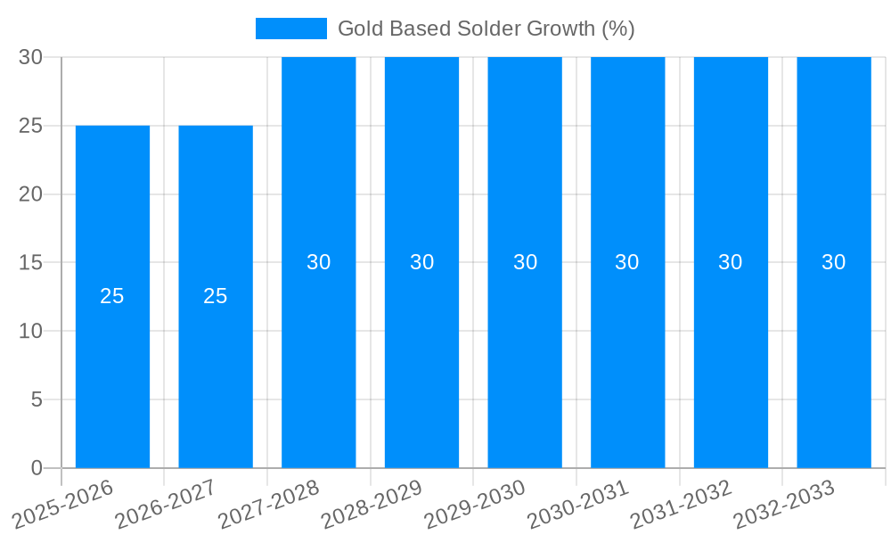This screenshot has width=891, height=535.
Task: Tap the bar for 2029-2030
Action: tap(525, 357)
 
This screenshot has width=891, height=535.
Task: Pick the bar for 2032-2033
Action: tap(834, 357)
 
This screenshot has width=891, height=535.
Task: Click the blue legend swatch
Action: tap(291, 29)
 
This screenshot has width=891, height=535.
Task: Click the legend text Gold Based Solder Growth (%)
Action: tap(486, 29)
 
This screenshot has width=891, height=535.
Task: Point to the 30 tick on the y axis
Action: tap(31, 57)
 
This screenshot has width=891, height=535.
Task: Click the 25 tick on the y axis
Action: tap(31, 126)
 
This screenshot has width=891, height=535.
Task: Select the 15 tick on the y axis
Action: tap(31, 263)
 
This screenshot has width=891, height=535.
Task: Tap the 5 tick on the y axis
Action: tap(37, 399)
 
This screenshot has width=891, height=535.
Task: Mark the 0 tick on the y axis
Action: tap(37, 468)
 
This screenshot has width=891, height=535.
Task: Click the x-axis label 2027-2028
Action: tap(269, 505)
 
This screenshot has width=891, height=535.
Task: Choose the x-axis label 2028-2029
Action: tap(372, 505)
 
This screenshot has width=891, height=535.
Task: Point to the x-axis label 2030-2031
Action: tap(578, 505)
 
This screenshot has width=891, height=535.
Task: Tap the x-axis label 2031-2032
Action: tap(682, 505)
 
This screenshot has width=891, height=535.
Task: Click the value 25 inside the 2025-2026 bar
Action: tap(112, 296)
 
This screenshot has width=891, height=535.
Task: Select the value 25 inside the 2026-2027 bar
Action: tap(216, 296)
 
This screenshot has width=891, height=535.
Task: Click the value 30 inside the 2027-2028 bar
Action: tap(319, 262)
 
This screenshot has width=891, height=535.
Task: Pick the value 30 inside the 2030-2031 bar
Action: tap(627, 262)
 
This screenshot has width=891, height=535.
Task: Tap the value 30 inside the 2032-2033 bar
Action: tap(834, 262)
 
